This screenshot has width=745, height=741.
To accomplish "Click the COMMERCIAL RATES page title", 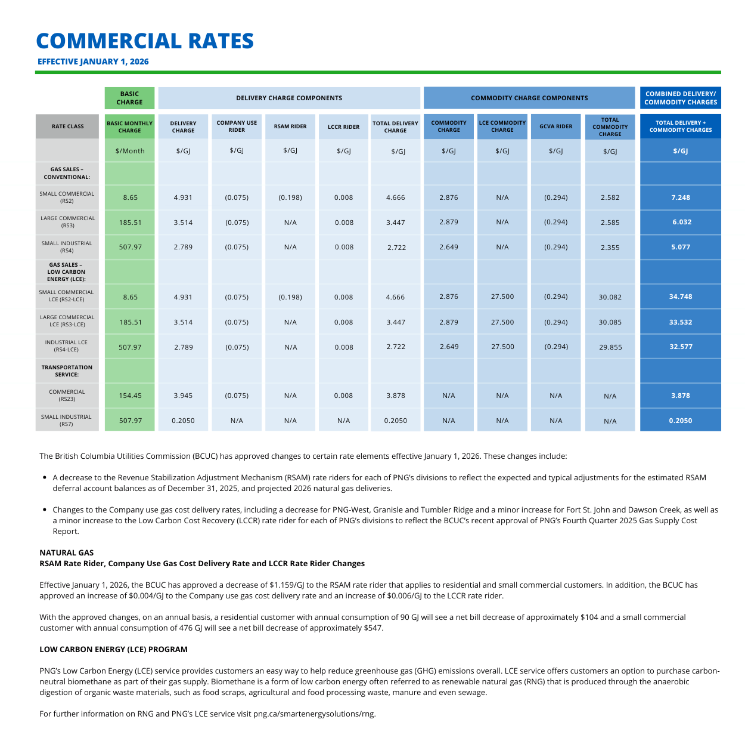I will point(145,41).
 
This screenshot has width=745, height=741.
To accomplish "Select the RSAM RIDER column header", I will point(290,126).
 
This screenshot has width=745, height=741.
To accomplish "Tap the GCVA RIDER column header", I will point(555,126).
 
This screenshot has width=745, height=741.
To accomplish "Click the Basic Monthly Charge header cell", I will point(129,126).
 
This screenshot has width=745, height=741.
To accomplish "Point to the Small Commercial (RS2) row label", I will point(67,197).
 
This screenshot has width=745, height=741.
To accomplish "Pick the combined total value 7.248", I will point(680,197).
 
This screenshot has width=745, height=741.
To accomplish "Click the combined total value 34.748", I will point(680,297).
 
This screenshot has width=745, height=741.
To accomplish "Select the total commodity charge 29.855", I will point(610,347).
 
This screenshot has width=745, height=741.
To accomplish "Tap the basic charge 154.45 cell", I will point(130,396).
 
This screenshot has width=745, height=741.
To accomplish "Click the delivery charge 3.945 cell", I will point(183,396).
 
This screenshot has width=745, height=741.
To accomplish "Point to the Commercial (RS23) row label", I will point(67,396).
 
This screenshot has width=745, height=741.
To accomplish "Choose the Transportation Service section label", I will point(67,371).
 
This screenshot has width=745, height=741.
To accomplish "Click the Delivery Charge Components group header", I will point(289,98).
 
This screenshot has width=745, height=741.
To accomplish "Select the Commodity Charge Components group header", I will point(529,98).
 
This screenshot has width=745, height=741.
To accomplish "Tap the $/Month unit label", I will point(130,151).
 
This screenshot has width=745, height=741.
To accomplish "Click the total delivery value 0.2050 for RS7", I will point(395,421).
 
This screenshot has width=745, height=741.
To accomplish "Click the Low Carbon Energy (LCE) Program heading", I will point(113,649).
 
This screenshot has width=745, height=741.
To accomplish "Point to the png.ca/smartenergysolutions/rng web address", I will point(314,714).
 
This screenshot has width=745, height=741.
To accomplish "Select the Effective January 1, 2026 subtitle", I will point(93,61).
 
